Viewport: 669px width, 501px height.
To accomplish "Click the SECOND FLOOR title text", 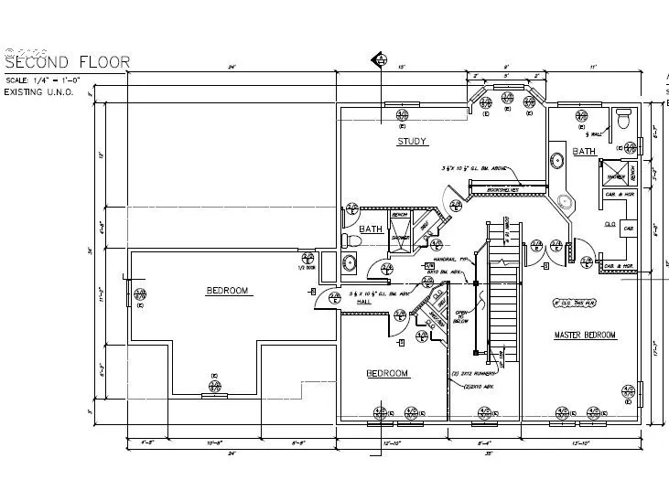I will (x=68, y=63).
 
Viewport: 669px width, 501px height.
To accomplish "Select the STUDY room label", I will (x=412, y=142).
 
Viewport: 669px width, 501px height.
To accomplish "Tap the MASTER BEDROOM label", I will (x=585, y=336).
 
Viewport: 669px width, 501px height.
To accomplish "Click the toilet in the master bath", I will (x=623, y=118).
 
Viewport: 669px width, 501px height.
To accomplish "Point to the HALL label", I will (x=363, y=302).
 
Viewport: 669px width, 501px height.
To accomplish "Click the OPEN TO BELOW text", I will (x=461, y=317).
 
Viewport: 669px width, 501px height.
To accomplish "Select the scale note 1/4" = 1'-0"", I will (x=44, y=80).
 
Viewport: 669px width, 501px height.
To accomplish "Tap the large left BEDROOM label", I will (x=227, y=291).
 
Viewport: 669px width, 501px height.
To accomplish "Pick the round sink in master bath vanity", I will (x=556, y=161).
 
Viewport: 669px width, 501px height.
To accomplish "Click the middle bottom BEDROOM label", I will (x=387, y=373).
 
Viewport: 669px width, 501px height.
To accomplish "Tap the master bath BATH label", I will (x=584, y=152).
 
